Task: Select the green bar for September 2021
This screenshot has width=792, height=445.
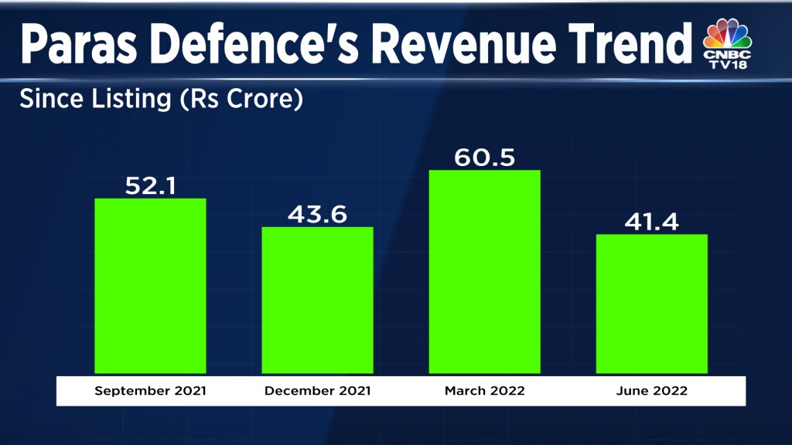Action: pos(150,286)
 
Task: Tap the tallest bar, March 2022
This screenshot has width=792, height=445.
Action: pos(484,271)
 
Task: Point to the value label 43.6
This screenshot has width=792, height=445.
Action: pos(317,213)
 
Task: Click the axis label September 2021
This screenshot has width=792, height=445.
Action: pos(150,391)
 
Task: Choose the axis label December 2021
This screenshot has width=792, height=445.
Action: pos(317,391)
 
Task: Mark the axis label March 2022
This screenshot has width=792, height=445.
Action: pos(484,391)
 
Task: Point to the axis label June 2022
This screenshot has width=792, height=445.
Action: pos(651,391)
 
